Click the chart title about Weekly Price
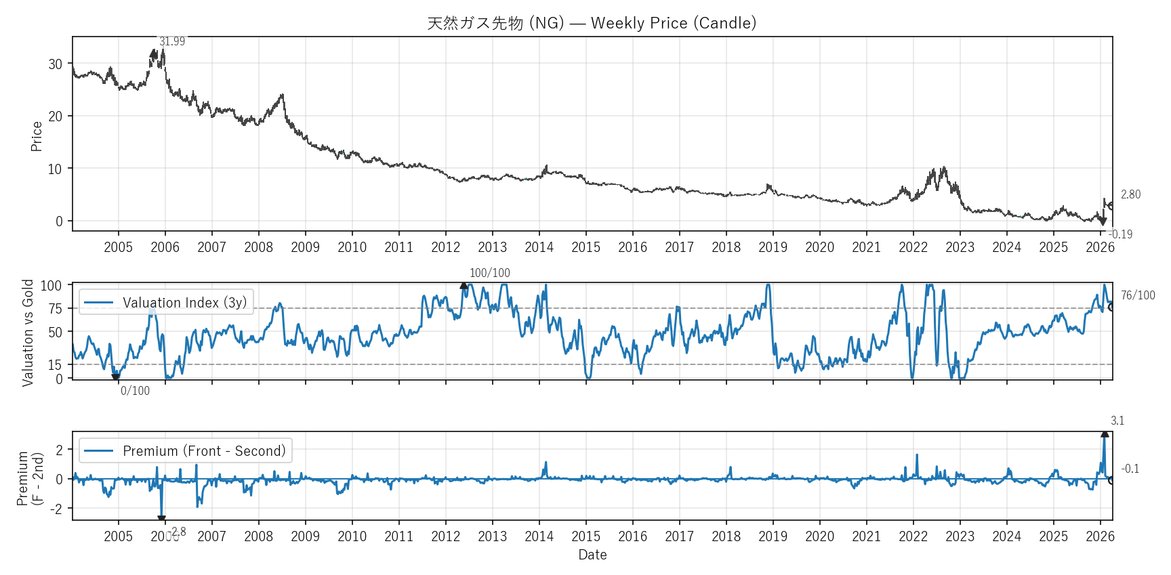coord(592,23)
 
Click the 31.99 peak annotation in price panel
coord(172,41)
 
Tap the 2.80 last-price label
coord(1130,194)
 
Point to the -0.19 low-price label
coord(1121,234)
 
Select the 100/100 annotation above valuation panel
coord(489,273)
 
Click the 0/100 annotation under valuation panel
coord(135,391)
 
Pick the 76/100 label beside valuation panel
coord(1138,295)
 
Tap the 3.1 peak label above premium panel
coord(1117,421)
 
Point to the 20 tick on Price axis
coord(55,116)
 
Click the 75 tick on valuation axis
coord(55,309)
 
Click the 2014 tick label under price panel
coord(539,247)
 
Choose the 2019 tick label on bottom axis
coord(773,536)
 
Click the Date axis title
coord(592,555)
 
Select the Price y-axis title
coord(37,136)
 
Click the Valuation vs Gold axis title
coord(28,333)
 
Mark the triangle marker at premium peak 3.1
coord(1105,433)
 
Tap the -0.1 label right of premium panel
coord(1130,469)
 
